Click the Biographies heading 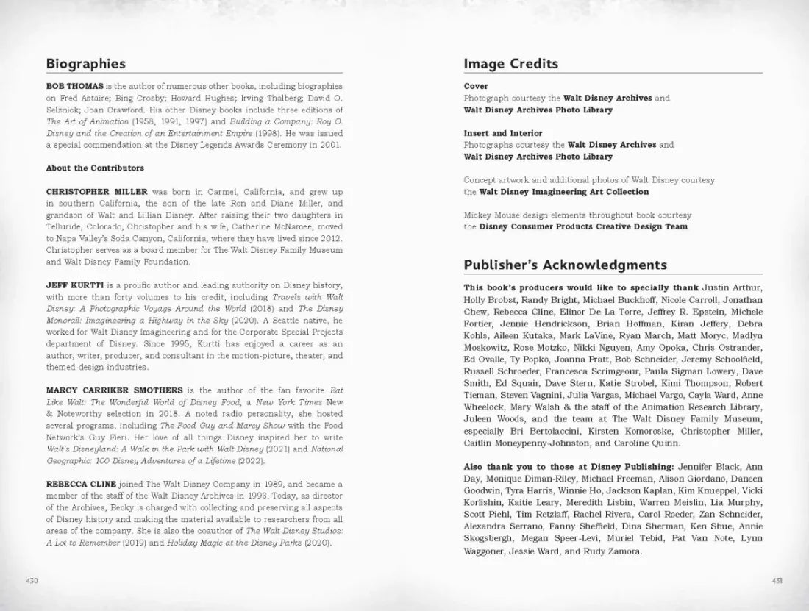click(x=85, y=64)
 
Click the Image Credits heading click(x=510, y=64)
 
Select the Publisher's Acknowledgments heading click(x=565, y=265)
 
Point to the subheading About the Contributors click(x=90, y=168)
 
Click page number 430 click(x=32, y=580)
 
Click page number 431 click(x=777, y=580)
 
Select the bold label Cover click(x=475, y=86)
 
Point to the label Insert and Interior click(x=502, y=133)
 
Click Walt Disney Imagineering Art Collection click(x=563, y=192)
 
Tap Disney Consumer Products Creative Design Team click(x=583, y=226)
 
